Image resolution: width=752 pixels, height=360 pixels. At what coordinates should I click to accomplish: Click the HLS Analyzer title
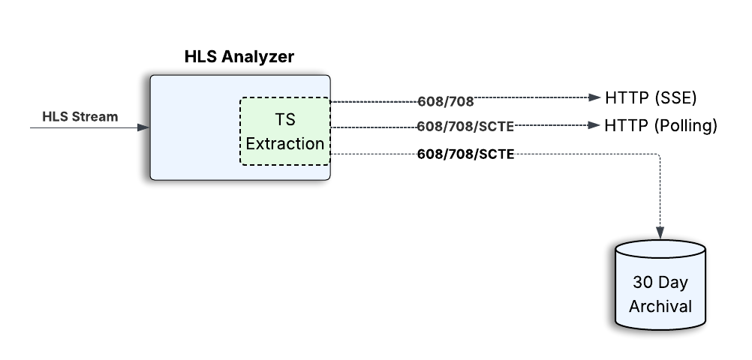(239, 57)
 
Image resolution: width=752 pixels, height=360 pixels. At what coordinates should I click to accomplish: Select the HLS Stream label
(80, 116)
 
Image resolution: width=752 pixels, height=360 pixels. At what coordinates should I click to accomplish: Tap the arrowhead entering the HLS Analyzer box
(144, 127)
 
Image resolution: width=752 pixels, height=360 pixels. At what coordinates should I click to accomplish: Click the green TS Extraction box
(284, 131)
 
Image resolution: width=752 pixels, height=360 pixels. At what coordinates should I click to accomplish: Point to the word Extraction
(285, 143)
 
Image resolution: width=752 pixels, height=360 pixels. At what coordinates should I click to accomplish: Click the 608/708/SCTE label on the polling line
(465, 126)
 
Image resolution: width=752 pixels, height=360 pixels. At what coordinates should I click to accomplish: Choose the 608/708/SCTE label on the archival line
(465, 154)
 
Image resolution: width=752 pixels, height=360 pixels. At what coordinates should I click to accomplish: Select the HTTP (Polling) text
(660, 126)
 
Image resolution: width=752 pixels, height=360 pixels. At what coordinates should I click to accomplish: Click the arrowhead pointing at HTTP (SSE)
(596, 97)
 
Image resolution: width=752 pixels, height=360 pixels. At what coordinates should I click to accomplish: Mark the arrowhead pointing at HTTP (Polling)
(596, 125)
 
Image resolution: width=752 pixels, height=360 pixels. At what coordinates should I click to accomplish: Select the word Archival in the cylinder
(660, 306)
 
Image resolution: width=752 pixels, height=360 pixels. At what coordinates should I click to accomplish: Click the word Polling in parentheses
(686, 126)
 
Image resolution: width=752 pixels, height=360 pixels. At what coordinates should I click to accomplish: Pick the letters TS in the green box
(284, 121)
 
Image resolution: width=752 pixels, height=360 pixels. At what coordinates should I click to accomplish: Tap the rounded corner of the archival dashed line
(658, 157)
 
